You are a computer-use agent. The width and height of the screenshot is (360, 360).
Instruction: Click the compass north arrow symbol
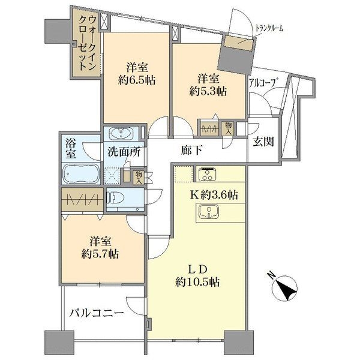(x=284, y=288)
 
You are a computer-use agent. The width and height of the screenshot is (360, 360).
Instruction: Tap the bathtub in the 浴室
(x=81, y=173)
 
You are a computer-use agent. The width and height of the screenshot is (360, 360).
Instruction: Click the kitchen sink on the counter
(x=209, y=211)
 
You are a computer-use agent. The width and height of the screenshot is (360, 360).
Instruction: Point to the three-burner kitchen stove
(x=208, y=174)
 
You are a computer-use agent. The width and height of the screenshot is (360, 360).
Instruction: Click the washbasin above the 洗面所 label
(x=121, y=134)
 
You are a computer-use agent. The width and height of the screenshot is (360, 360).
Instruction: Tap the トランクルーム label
(x=269, y=28)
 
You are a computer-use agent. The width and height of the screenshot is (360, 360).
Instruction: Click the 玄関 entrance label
(x=263, y=142)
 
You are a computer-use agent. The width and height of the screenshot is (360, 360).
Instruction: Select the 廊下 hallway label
(x=191, y=151)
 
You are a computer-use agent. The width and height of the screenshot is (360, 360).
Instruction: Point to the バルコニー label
(x=97, y=313)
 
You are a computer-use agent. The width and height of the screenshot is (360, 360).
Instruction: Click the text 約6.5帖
(x=137, y=80)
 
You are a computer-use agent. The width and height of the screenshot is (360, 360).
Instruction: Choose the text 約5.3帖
(x=208, y=91)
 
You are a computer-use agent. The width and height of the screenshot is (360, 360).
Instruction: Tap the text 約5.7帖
(x=100, y=254)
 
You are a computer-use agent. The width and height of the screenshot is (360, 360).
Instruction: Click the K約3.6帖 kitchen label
(x=213, y=195)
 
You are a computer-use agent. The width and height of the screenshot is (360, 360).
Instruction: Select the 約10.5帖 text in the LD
(x=197, y=282)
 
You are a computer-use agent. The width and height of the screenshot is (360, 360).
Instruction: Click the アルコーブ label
(x=262, y=82)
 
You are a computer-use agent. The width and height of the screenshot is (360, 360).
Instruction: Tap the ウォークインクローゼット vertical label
(x=87, y=43)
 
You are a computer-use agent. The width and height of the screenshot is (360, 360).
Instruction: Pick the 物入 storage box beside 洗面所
(x=139, y=177)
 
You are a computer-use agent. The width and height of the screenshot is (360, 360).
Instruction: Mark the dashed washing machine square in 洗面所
(x=112, y=176)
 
